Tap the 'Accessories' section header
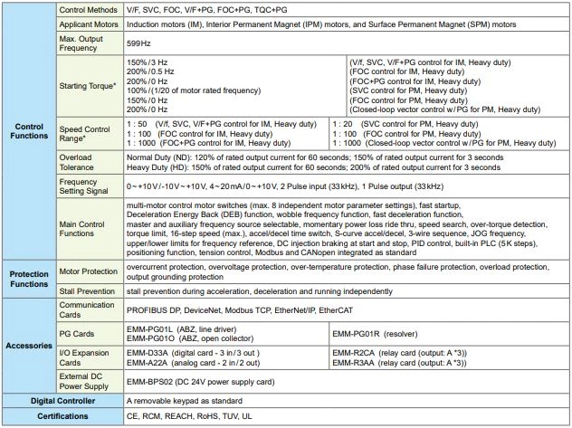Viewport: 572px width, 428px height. point(30,346)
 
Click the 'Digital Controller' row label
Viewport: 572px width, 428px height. point(62,400)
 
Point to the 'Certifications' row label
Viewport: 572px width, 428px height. point(62,415)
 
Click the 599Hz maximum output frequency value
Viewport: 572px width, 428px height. point(138,43)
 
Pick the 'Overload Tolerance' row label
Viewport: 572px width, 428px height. point(82,162)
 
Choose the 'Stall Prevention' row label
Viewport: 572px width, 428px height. point(90,292)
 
